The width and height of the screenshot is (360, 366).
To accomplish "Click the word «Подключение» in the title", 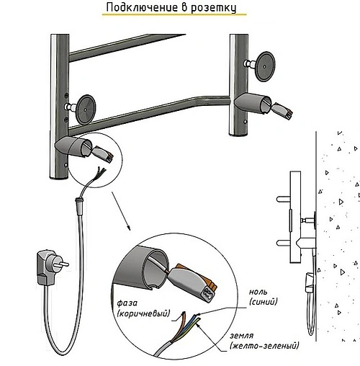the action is pos(142,7).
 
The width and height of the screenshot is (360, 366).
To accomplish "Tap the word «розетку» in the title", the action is pos(213,9).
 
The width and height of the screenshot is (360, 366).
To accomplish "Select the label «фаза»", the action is pos(127,303).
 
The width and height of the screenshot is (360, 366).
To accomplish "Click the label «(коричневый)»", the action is pos(143,313).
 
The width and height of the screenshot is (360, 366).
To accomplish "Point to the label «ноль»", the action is pos(258,292).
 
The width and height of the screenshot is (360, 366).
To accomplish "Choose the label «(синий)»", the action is pos(264,302).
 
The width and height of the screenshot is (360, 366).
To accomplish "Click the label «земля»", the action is pos(242,336).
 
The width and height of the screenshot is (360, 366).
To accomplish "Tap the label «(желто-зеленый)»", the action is pos(264,346).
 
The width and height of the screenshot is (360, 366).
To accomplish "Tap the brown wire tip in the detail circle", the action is pos(184,313).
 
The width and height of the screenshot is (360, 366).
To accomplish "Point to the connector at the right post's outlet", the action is pos(282,111).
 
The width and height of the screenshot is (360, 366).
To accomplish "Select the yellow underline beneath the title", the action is pos(174,14).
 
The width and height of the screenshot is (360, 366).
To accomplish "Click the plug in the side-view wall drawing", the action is pos(310,282).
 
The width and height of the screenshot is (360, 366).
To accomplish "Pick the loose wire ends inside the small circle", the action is pos(101,171).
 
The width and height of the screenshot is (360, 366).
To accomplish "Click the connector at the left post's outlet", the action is pos(103,155).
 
